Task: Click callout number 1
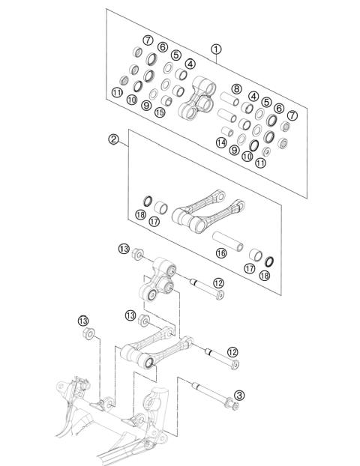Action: click(216, 50)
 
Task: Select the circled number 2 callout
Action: click(115, 139)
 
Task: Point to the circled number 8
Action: click(236, 89)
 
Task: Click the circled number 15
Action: click(160, 112)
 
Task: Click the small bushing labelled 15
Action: click(168, 100)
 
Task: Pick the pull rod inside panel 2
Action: click(208, 210)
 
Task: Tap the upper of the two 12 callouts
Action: click(218, 282)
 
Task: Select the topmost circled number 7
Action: click(148, 40)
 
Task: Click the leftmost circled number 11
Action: click(116, 92)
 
